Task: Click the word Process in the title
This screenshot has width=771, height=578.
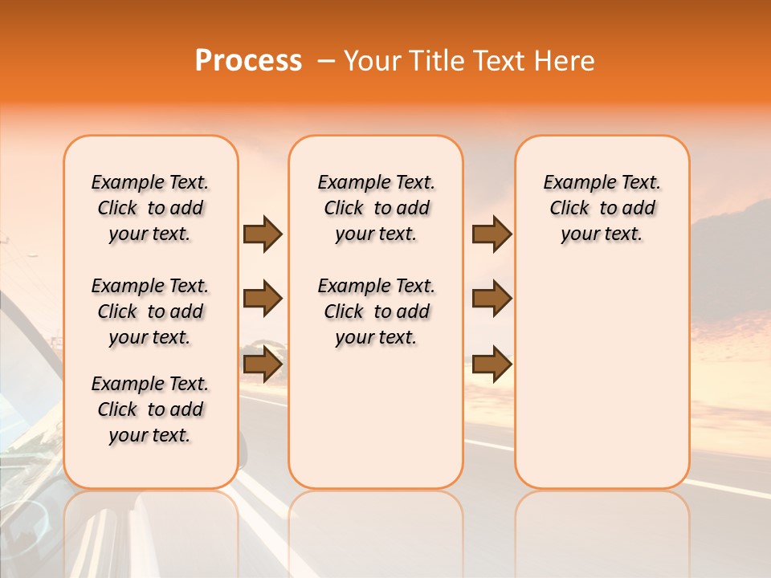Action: pos(248,61)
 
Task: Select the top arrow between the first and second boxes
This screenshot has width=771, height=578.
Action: pos(263,234)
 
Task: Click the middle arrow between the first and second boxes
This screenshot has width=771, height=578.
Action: pos(263,299)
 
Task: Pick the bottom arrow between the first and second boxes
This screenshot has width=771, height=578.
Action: pos(263,364)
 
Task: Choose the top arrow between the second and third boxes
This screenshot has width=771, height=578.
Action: pos(492,234)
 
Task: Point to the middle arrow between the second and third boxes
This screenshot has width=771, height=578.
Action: pos(492,299)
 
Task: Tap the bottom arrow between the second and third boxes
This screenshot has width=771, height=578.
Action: pos(492,364)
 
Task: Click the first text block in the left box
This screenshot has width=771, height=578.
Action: pos(149,208)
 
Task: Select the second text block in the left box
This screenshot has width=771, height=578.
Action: pos(149,311)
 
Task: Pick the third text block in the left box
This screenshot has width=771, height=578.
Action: pos(149,409)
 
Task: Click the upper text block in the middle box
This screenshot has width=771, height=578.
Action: pos(376,208)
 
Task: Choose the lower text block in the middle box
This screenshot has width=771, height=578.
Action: pos(376,311)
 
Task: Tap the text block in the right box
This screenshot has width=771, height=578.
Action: pos(602,208)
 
